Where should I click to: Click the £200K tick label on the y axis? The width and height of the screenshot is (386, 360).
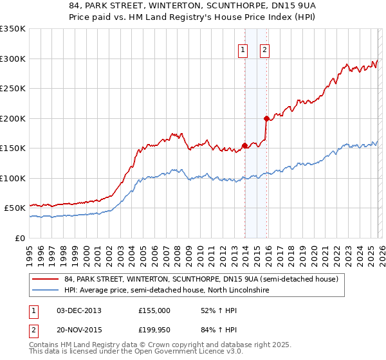pyautogui.click(x=13, y=118)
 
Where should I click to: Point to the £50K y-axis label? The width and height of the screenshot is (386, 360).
pyautogui.click(x=15, y=208)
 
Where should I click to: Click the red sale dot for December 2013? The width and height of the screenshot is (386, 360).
pyautogui.click(x=244, y=145)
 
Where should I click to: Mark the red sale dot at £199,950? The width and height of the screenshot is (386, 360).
pyautogui.click(x=266, y=118)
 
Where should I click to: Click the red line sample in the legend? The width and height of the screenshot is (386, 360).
pyautogui.click(x=46, y=279)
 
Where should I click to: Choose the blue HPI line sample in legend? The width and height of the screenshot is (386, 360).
pyautogui.click(x=46, y=290)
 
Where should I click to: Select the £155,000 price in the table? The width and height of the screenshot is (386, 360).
pyautogui.click(x=154, y=310)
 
